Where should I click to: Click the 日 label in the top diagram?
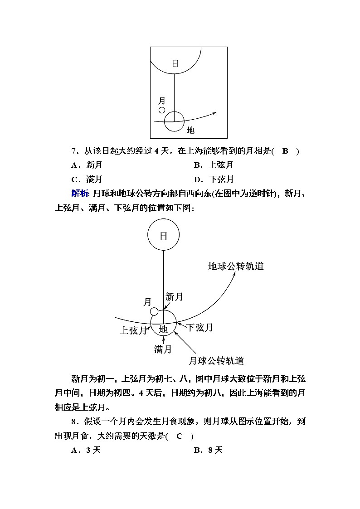(175, 63)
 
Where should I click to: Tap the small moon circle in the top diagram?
(162, 110)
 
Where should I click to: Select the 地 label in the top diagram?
(191, 130)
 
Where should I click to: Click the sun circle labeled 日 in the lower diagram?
(164, 236)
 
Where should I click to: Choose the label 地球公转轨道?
(236, 266)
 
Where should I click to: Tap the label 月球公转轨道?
(216, 360)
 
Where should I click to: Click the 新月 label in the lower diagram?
(174, 297)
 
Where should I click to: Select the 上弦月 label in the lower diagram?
(133, 330)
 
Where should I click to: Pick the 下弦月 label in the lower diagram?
(200, 327)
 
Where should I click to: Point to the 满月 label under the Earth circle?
(163, 349)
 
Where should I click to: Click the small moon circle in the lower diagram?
(154, 311)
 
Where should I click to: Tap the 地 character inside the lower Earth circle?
(163, 329)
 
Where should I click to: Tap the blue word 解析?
(80, 194)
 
